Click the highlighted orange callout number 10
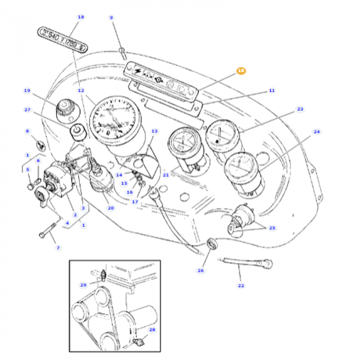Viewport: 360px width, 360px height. coord(241,71)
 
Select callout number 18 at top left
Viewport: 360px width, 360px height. coord(80,17)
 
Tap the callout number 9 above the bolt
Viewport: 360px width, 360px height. coord(111,18)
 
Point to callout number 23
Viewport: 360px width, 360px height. coord(300,109)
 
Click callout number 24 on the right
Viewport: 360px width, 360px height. coord(317,132)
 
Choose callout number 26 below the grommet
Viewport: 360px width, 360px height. coord(200,270)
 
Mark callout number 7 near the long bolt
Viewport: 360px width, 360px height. coord(58,248)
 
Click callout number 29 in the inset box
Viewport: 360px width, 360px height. coord(83,285)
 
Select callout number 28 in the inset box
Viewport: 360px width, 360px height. coord(152,329)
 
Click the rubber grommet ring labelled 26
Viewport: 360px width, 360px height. coord(211,244)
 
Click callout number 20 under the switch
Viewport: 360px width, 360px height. coord(111,208)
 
